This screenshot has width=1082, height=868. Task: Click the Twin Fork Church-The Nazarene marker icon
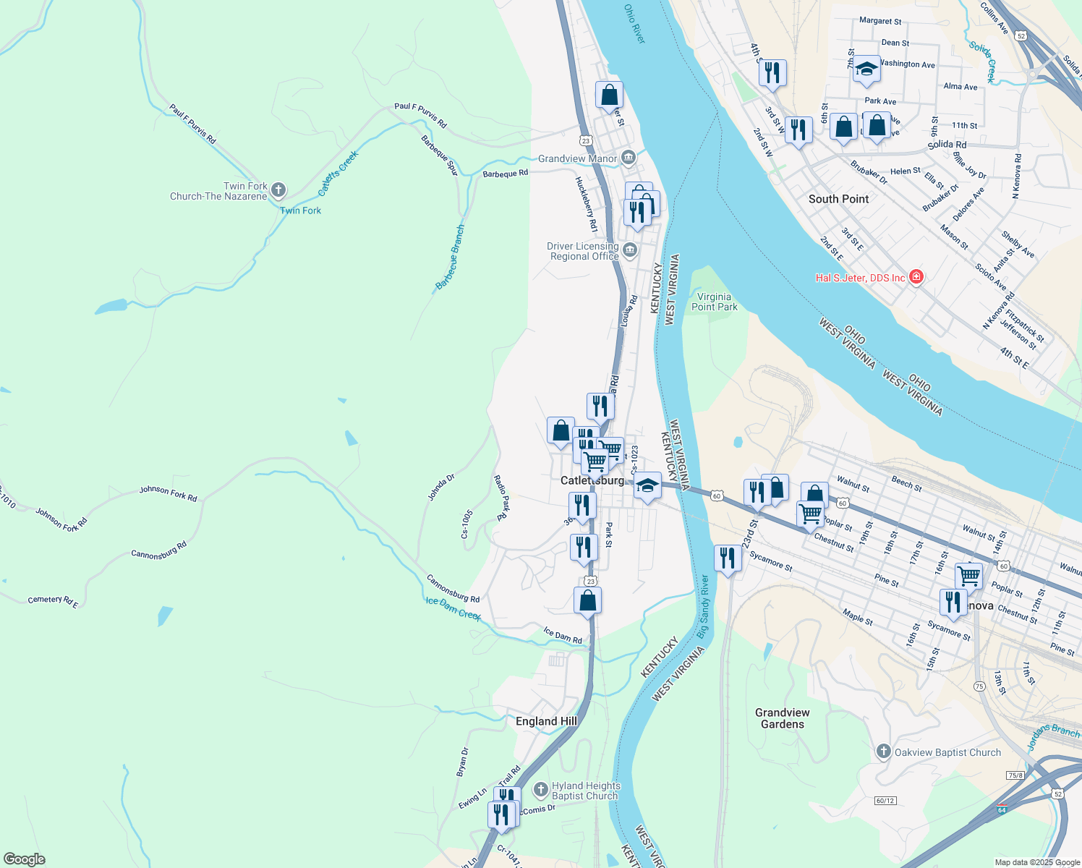pyautogui.click(x=278, y=191)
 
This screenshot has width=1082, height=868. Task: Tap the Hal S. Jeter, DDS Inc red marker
pyautogui.click(x=916, y=278)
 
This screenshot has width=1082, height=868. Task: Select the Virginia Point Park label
pyautogui.click(x=715, y=302)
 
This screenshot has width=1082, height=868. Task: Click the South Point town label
pyautogui.click(x=838, y=199)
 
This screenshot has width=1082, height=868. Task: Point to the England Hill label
pyautogui.click(x=546, y=721)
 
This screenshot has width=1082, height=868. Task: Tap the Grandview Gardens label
pyautogui.click(x=783, y=718)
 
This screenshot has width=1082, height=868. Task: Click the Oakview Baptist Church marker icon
pyautogui.click(x=883, y=752)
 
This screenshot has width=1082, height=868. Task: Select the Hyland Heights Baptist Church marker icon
pyautogui.click(x=540, y=790)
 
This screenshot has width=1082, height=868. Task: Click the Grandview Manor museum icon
pyautogui.click(x=629, y=158)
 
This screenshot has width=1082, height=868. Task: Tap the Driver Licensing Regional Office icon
pyautogui.click(x=630, y=250)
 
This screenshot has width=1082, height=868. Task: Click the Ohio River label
pyautogui.click(x=634, y=24)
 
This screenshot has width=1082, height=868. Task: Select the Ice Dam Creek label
pyautogui.click(x=453, y=608)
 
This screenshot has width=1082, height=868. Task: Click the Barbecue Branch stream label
pyautogui.click(x=450, y=258)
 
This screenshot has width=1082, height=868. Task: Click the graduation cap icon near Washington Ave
pyautogui.click(x=866, y=69)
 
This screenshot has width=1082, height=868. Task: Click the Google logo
pyautogui.click(x=25, y=859)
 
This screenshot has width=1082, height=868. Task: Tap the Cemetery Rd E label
pyautogui.click(x=53, y=600)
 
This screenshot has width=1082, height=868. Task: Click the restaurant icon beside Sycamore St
pyautogui.click(x=728, y=558)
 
